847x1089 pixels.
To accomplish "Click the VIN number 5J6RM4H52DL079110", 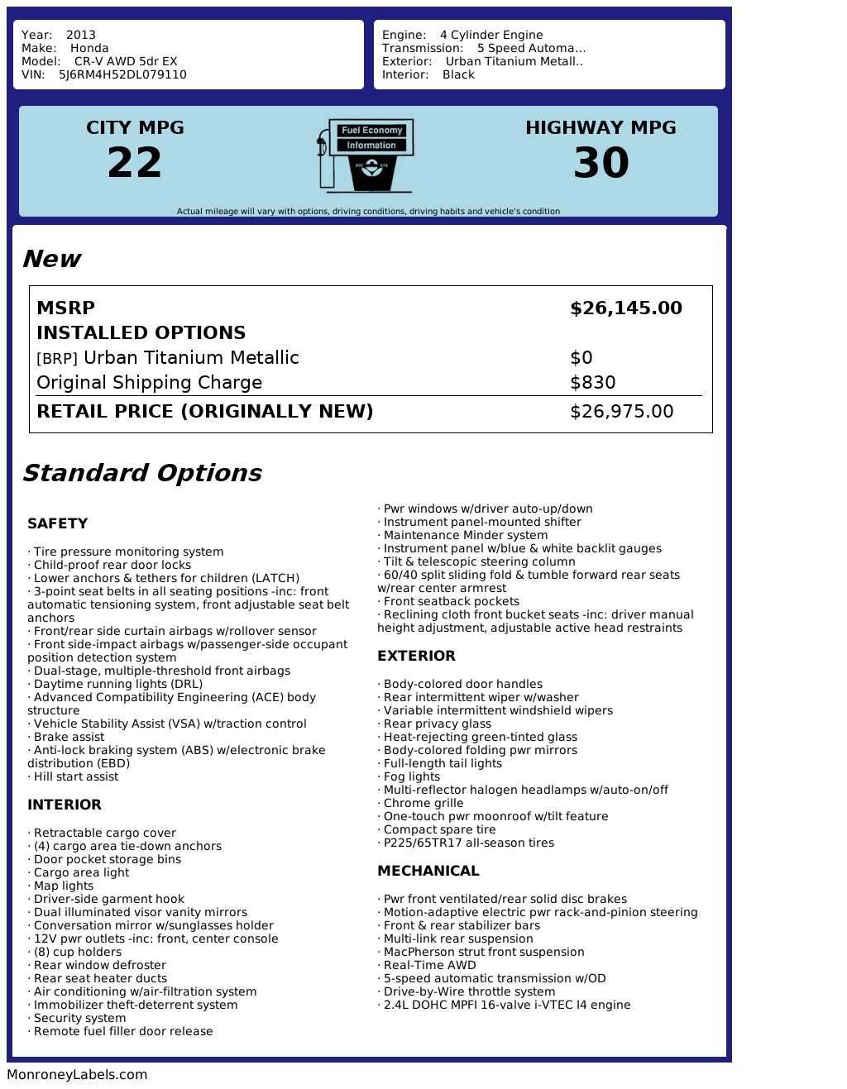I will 122,74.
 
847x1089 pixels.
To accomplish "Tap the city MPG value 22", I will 135,162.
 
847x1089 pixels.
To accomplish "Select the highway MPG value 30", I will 601,162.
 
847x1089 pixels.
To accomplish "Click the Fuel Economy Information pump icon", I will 365,155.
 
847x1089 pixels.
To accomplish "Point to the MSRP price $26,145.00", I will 626,308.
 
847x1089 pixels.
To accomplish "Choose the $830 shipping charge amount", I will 593,383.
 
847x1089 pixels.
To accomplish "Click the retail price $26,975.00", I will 622,412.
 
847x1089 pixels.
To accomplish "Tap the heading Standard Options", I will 141,473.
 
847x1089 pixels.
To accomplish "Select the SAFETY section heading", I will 57,523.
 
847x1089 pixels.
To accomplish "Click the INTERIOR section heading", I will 65,805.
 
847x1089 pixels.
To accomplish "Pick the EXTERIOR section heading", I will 416,656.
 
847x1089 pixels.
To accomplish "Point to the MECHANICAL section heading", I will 428,871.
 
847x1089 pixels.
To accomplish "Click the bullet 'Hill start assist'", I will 75,776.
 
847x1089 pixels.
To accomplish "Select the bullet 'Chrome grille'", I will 423,803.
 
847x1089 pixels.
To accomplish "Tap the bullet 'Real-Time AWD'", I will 429,965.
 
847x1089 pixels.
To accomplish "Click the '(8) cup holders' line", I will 77,952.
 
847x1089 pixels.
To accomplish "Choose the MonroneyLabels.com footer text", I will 77,1074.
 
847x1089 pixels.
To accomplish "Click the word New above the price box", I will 51,259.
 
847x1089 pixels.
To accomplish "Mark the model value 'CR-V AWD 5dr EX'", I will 126,61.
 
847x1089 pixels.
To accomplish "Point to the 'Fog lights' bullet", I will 411,776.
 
